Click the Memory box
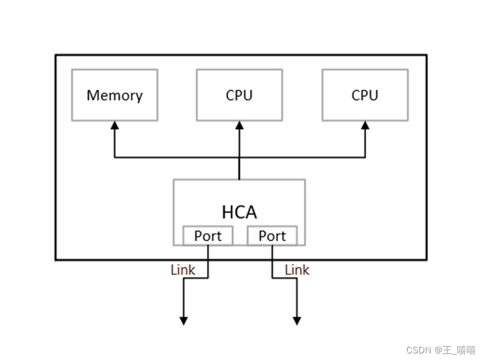click(x=115, y=95)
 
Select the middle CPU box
click(x=239, y=95)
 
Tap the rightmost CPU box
click(x=365, y=95)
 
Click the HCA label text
click(x=239, y=212)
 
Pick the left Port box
click(x=208, y=236)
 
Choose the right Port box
click(x=272, y=236)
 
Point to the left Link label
click(x=183, y=270)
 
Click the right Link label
click(x=297, y=270)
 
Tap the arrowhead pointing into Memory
click(x=115, y=125)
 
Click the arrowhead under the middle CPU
click(x=239, y=125)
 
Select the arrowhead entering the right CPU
click(x=365, y=125)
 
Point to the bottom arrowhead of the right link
click(x=297, y=321)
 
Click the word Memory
click(x=115, y=95)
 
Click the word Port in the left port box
click(x=208, y=236)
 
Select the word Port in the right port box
click(x=272, y=236)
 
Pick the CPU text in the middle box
click(x=239, y=95)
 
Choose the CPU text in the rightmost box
click(x=365, y=95)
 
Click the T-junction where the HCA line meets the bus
click(x=239, y=158)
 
